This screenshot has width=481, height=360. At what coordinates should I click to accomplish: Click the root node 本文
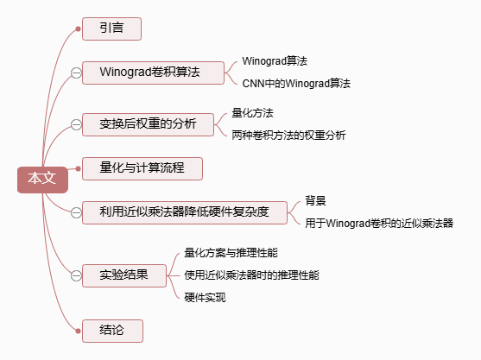[42, 180]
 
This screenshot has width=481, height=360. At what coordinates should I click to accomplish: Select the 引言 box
[111, 28]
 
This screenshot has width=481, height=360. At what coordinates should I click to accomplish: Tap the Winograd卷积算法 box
[153, 73]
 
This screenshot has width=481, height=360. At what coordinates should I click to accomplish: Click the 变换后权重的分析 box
[148, 124]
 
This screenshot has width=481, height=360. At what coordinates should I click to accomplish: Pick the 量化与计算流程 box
[142, 168]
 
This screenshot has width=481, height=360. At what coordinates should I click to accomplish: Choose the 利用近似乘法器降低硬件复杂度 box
[185, 213]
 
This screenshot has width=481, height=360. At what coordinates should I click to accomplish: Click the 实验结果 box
[124, 275]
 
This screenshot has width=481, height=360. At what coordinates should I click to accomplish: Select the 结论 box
[112, 331]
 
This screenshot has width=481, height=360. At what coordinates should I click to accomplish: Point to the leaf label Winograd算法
[275, 61]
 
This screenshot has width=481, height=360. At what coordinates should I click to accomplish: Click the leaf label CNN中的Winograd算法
[296, 84]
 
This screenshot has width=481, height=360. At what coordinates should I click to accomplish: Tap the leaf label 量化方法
[252, 113]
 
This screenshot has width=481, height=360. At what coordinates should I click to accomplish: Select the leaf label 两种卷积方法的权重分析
[288, 135]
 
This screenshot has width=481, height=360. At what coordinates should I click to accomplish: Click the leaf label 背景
[315, 201]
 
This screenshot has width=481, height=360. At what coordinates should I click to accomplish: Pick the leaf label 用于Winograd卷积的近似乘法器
[379, 224]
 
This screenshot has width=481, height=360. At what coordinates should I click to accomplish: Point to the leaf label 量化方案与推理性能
[231, 253]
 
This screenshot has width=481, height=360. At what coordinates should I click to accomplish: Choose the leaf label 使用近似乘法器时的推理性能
[251, 275]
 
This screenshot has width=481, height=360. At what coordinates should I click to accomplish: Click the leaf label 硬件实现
[205, 298]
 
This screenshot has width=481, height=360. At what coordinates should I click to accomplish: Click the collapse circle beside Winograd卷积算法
[76, 73]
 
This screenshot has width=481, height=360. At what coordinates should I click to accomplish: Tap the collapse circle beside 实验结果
[76, 275]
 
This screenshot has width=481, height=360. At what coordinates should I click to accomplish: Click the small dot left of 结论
[78, 331]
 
